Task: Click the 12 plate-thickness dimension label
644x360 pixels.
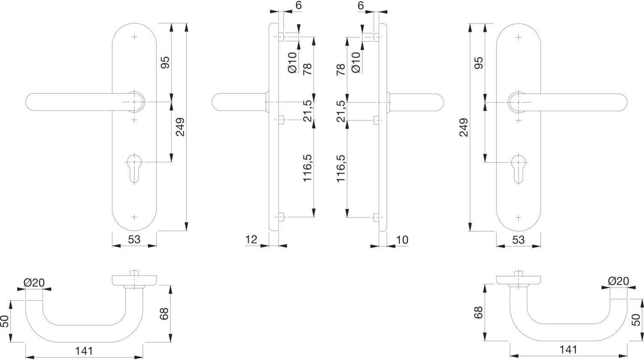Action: click(251, 239)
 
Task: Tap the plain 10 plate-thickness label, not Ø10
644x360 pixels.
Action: click(402, 240)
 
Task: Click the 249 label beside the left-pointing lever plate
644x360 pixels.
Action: click(180, 127)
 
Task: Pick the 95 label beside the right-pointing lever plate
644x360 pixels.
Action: click(478, 63)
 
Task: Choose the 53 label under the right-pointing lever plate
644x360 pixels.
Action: click(518, 240)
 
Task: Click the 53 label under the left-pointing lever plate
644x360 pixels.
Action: click(134, 239)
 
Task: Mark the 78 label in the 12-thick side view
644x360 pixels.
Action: click(307, 69)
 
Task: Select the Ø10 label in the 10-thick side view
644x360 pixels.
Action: click(355, 62)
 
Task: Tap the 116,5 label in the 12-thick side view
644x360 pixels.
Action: click(307, 168)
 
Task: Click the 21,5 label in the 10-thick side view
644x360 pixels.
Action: click(341, 111)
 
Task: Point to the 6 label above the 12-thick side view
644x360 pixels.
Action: click(299, 6)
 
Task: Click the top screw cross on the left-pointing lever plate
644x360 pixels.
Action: click(134, 37)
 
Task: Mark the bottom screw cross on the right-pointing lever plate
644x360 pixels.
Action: click(518, 218)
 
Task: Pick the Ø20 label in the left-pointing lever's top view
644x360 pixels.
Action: click(34, 283)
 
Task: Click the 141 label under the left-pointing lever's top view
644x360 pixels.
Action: click(84, 351)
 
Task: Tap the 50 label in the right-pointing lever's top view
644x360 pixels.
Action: click(637, 320)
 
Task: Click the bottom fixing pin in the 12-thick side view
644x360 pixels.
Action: click(281, 217)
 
